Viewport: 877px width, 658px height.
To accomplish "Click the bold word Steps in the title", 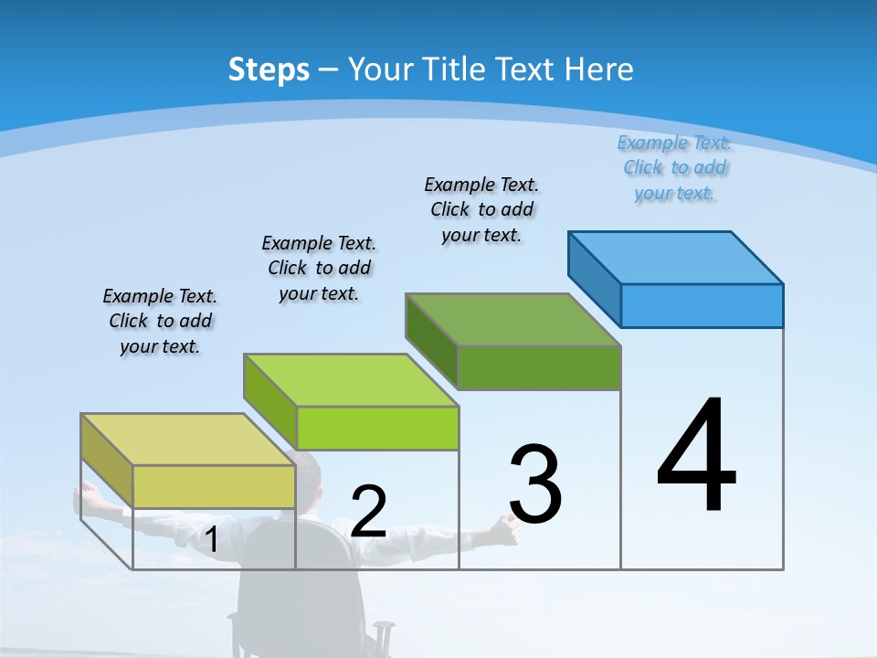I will pos(269,69).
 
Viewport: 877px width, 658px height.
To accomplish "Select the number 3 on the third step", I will pos(535,484).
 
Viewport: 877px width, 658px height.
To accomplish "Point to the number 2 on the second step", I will pos(368,512).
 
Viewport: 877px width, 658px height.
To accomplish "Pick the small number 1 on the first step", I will pos(211,539).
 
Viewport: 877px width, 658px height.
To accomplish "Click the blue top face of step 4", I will pos(676,257).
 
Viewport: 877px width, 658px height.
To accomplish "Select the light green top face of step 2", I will pos(351,379).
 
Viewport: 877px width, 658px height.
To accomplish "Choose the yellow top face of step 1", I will pos(188,440).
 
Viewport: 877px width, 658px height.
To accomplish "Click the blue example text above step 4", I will pos(674,167).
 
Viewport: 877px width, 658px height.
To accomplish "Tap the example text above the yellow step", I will pos(160,321).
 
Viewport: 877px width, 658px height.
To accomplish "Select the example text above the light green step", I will pos(319,268).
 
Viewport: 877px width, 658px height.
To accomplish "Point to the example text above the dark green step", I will pos(481,209).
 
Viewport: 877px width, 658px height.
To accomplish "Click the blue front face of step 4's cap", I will pos(702,305).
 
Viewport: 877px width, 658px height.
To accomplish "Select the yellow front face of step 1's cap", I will pos(214,486).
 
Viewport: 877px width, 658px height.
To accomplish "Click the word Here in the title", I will pos(599,69).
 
